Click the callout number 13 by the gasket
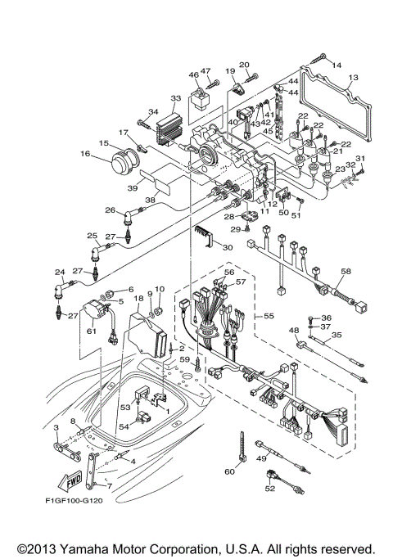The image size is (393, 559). pos(352,79)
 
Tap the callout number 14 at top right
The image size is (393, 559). pos(337,64)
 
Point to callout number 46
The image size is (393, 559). pos(193,74)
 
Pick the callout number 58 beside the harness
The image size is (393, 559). pos(346,271)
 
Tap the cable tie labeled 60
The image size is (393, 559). pos(243,445)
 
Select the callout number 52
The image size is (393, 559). pos(269,489)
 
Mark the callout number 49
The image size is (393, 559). pos(262,459)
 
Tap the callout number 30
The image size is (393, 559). pos(228,247)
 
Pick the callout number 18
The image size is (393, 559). pos(139,300)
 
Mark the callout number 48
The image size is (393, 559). pos(294,330)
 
